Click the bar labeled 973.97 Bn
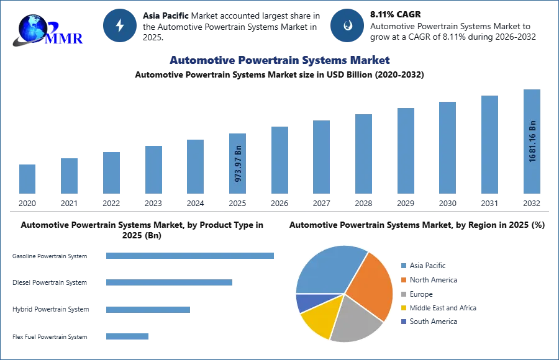click(x=238, y=162)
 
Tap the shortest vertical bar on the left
click(x=27, y=179)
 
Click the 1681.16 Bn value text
click(x=532, y=141)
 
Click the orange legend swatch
click(x=403, y=280)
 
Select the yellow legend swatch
click(x=403, y=308)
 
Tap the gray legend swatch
click(x=403, y=294)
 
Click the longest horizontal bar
click(x=191, y=256)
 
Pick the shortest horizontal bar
click(x=127, y=337)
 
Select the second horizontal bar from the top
click(x=168, y=283)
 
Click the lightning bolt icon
click(x=120, y=25)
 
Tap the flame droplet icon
click(x=347, y=25)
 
